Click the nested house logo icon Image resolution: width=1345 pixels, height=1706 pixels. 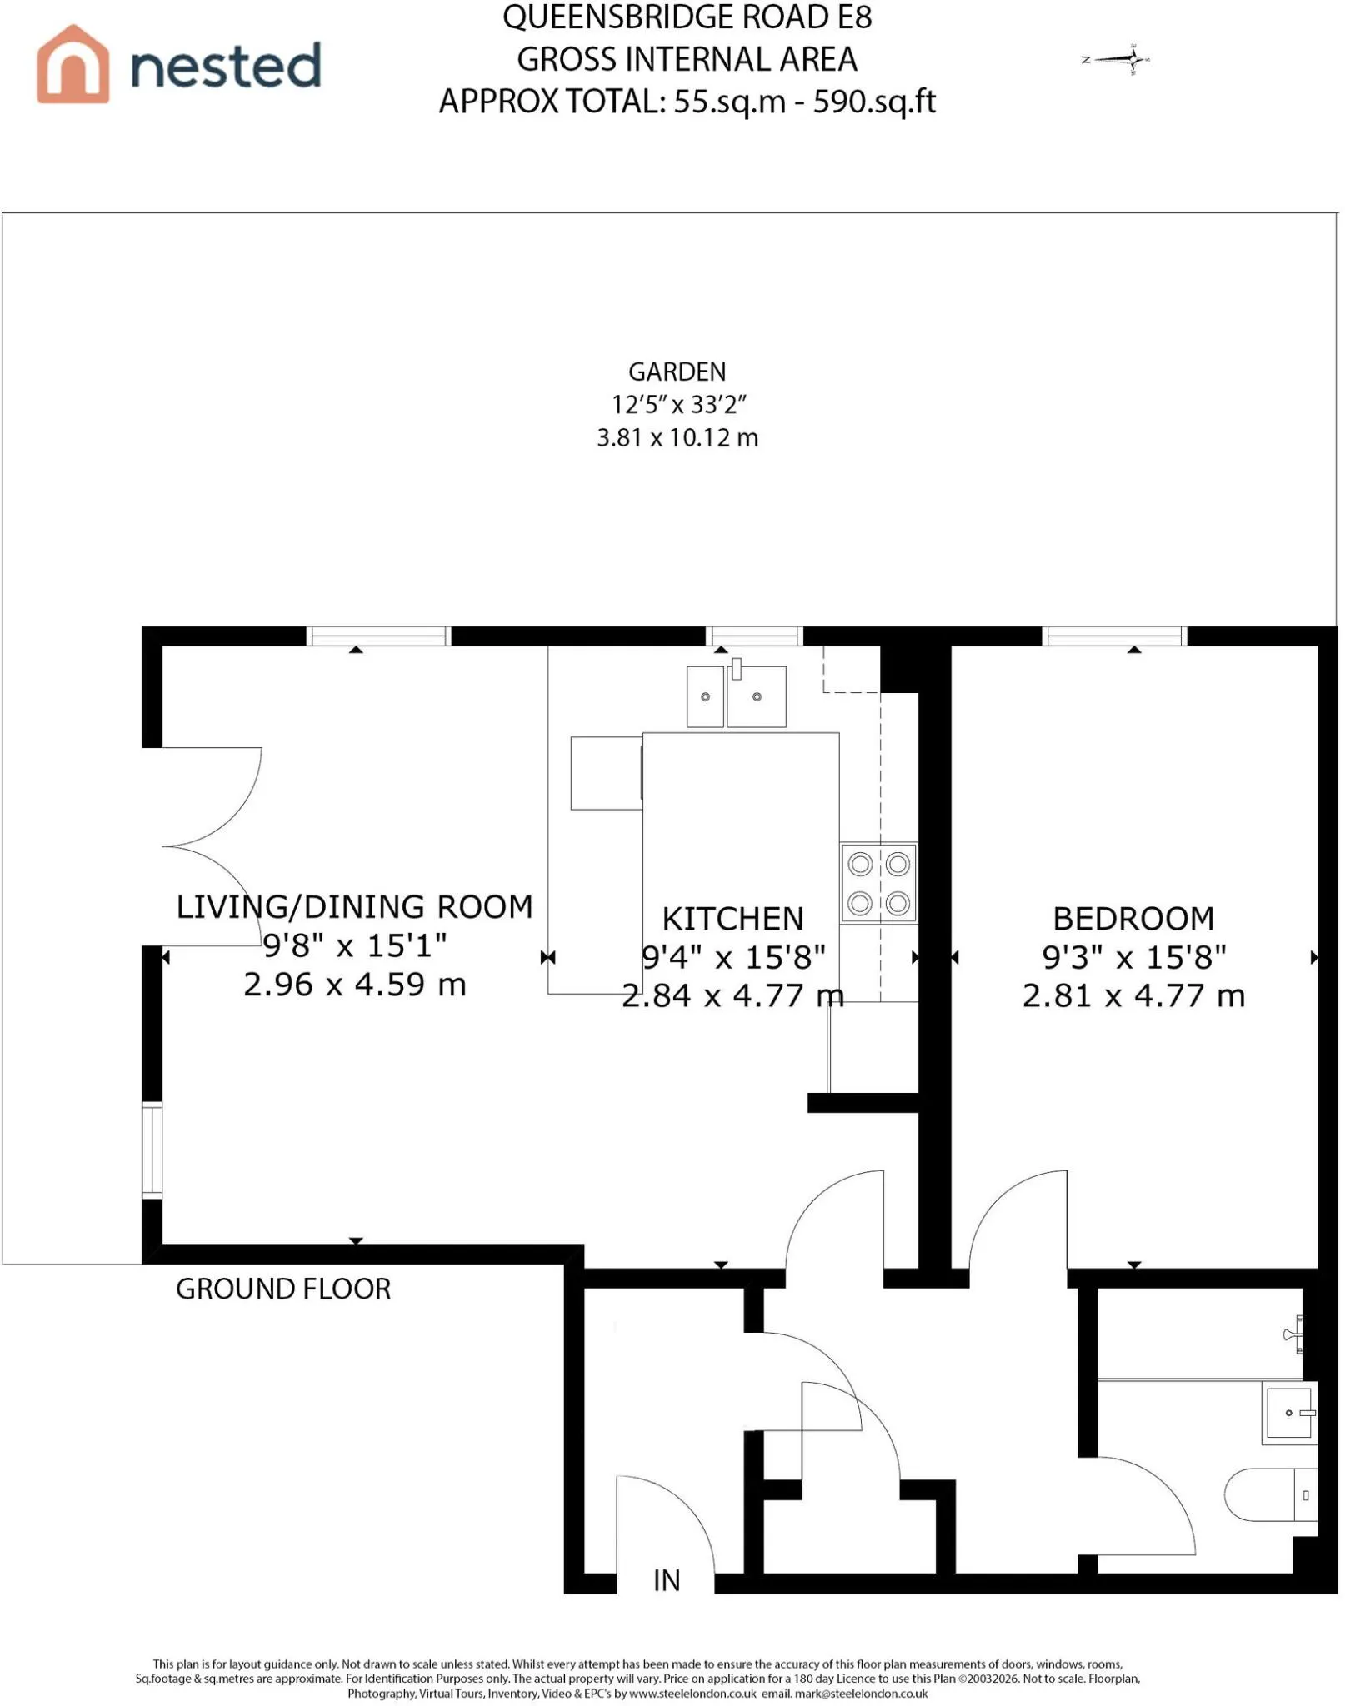pos(72,64)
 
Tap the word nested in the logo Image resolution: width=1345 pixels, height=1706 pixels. pos(226,66)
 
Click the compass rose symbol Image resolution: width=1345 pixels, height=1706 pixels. pos(1117,59)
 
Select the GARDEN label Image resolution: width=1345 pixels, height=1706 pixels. pos(677,372)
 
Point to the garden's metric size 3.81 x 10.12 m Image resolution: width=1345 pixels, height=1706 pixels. pos(677,437)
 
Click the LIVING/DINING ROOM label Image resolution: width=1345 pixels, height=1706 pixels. pos(354,906)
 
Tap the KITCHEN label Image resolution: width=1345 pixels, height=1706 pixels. pos(732,919)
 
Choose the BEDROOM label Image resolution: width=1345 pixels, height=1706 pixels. pos(1133,919)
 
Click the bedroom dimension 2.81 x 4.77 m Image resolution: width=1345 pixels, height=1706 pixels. pos(1133,995)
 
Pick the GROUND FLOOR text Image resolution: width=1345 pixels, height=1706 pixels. pos(283,1289)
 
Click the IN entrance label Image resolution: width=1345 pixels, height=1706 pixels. pos(667,1580)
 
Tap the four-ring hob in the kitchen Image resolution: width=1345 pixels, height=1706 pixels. pos(878,882)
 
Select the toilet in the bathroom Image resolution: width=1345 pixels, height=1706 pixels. pos(1270,1495)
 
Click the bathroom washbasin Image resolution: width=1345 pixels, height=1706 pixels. pos(1289,1413)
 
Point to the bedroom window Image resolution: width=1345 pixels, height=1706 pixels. pos(1114,636)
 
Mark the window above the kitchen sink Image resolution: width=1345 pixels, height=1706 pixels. pos(754,636)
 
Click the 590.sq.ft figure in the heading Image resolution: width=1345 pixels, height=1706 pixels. pos(874,102)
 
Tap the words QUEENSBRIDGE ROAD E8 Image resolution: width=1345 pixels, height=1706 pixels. pos(687,17)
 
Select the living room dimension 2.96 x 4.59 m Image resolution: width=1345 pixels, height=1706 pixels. pos(354,985)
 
